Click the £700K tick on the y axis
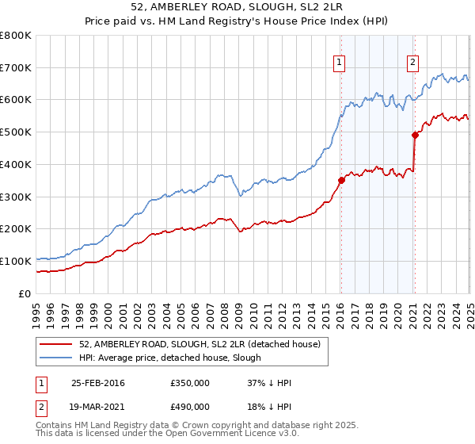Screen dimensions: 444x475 [16, 67]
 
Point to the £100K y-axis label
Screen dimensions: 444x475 [16, 261]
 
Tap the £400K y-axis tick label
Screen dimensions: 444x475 [16, 164]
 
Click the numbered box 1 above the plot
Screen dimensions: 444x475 [339, 62]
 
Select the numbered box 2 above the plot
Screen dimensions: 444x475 [413, 62]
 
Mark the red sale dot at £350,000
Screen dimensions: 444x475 [341, 180]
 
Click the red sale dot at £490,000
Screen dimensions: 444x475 [414, 135]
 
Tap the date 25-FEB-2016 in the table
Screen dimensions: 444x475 [98, 383]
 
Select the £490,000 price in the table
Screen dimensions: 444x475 [191, 408]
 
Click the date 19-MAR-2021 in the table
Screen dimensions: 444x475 [98, 408]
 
